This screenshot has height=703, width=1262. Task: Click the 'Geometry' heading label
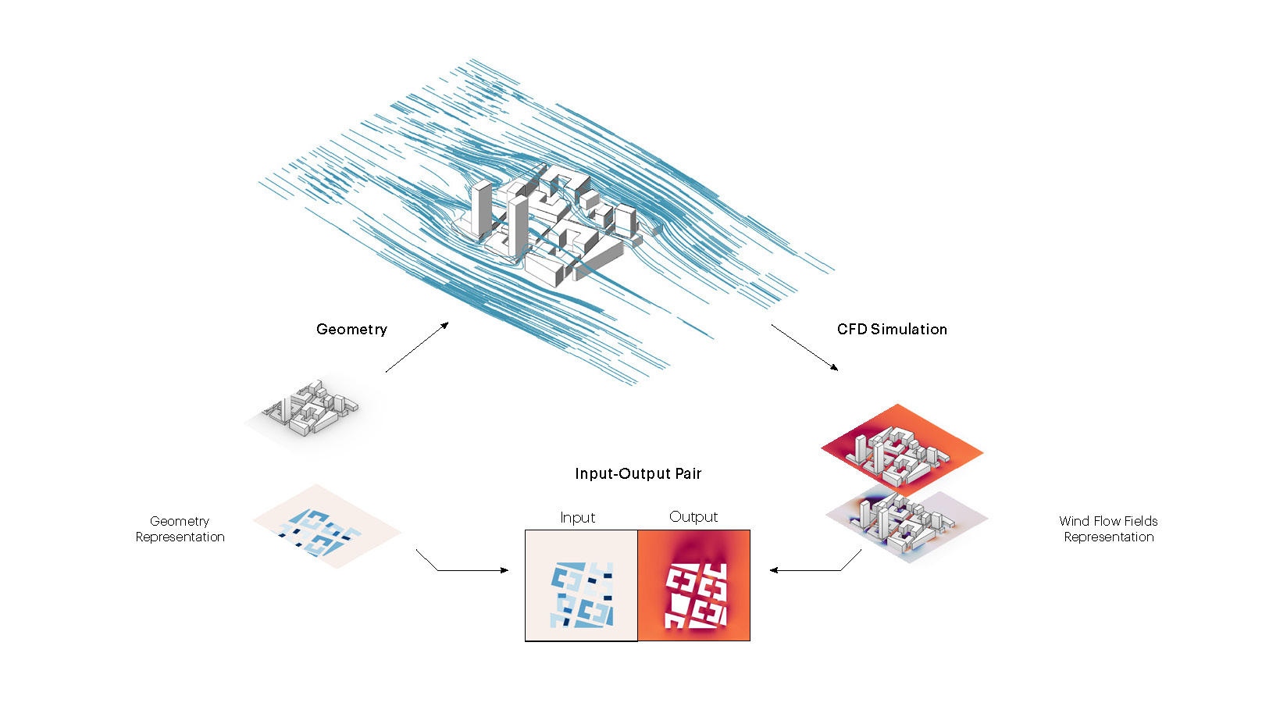point(351,330)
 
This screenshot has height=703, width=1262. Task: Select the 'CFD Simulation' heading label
point(892,330)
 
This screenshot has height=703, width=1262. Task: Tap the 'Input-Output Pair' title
point(638,473)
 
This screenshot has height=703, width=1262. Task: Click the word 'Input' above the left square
point(577,517)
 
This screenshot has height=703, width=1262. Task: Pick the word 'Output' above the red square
point(693,517)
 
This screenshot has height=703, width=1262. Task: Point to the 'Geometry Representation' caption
point(180,529)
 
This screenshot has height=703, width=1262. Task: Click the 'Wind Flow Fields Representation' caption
point(1108,529)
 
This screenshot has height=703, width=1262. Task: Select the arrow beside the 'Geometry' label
point(417,347)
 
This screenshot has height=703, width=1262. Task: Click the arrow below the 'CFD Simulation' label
point(804,347)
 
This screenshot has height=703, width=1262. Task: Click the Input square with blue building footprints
point(581,586)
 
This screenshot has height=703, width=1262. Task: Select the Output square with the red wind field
point(694,586)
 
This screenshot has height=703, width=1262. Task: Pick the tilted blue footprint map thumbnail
point(326,528)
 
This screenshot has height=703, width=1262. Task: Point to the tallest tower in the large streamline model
point(482,207)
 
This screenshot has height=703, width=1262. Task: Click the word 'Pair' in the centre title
point(689,473)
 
